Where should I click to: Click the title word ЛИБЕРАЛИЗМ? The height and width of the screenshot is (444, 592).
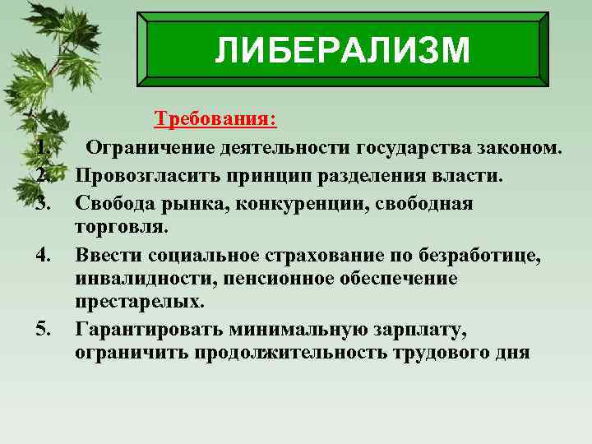(x=342, y=51)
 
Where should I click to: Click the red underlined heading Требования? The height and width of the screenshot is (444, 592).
(x=215, y=120)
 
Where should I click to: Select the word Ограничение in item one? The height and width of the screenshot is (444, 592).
(x=151, y=149)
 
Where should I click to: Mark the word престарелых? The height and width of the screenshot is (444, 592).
(x=138, y=303)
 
